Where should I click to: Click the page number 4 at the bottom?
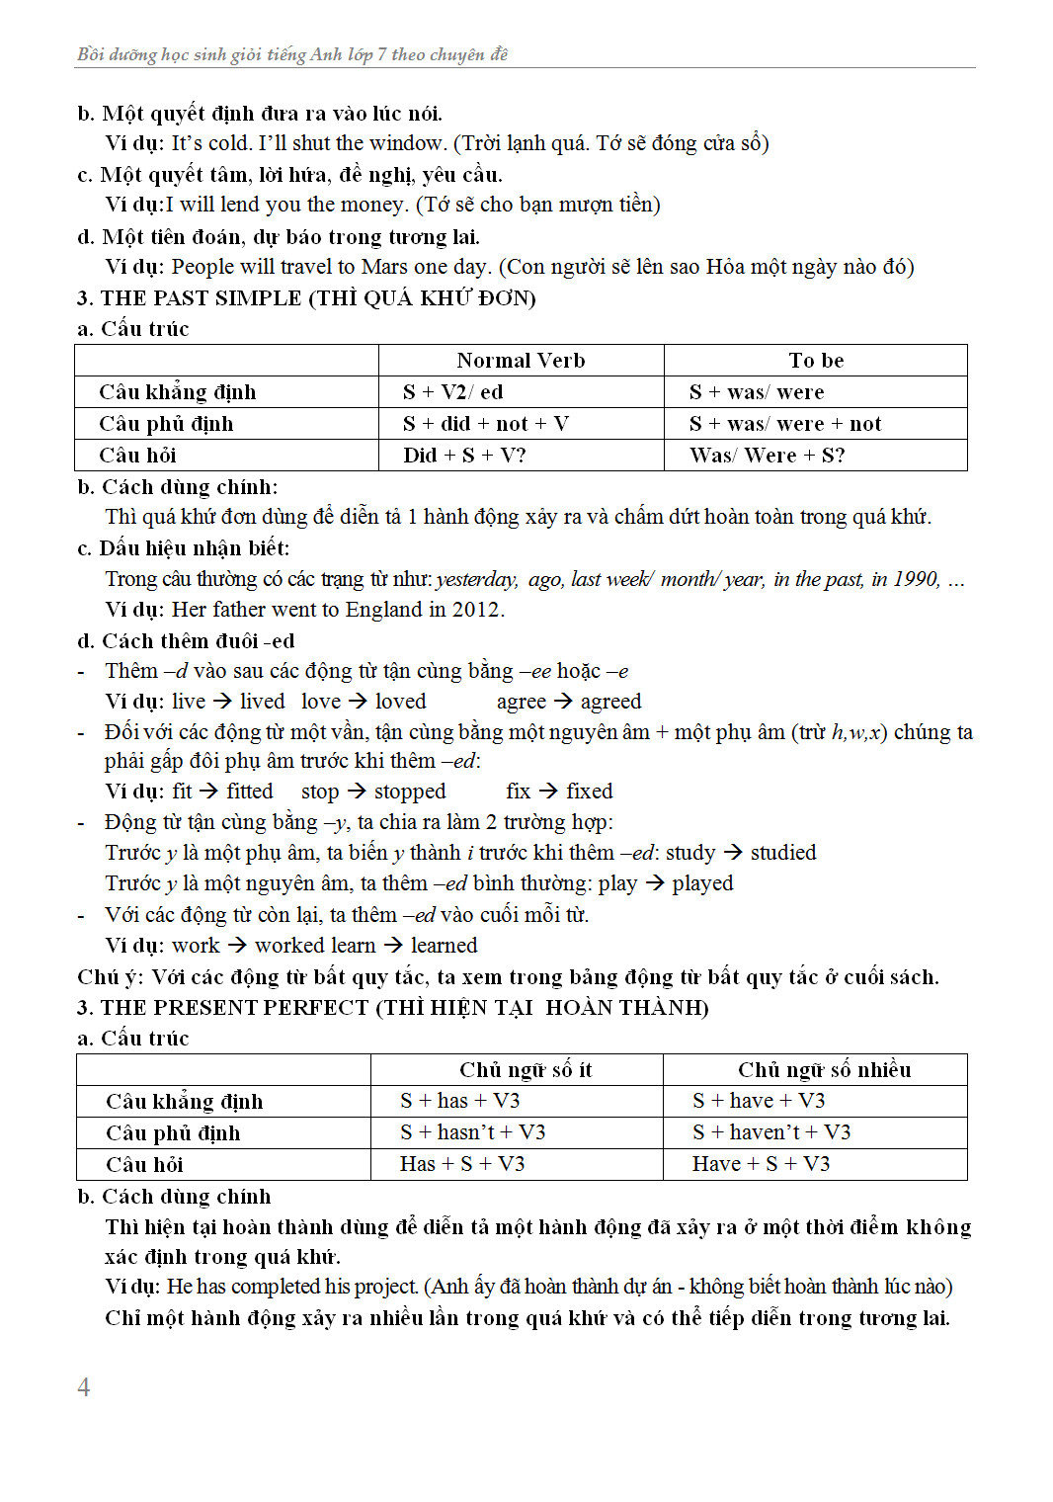click(x=84, y=1387)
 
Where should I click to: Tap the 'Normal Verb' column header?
click(x=521, y=361)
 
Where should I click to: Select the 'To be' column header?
click(x=816, y=361)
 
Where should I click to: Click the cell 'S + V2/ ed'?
click(x=452, y=392)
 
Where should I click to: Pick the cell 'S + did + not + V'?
click(x=485, y=424)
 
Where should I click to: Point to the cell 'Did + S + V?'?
click(x=464, y=456)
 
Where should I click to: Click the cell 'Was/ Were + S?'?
click(x=767, y=456)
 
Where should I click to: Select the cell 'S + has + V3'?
click(x=459, y=1101)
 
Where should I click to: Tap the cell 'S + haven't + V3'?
click(x=770, y=1132)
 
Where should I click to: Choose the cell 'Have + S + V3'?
click(x=761, y=1164)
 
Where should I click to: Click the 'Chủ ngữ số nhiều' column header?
click(x=824, y=1070)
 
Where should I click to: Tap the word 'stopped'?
click(x=410, y=792)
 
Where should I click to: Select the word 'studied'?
click(x=783, y=853)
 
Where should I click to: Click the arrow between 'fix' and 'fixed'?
click(x=548, y=791)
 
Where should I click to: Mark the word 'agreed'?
click(x=610, y=702)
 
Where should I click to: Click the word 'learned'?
click(x=444, y=946)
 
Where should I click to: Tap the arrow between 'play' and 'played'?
click(x=654, y=883)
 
